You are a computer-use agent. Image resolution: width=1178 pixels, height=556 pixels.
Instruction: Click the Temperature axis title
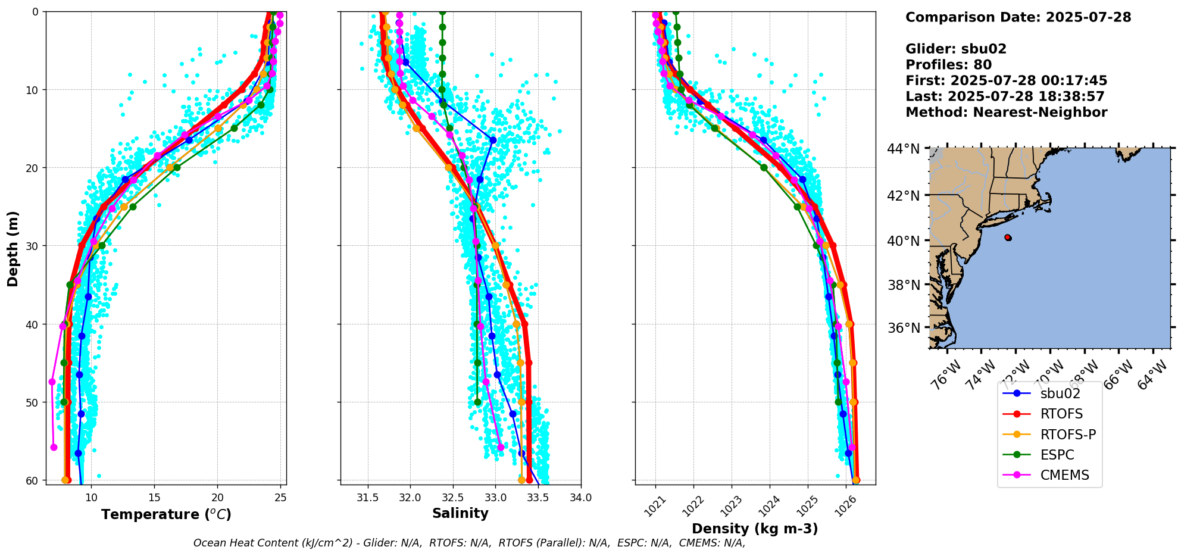coord(166,514)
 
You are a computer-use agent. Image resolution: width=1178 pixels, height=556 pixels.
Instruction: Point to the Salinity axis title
coord(460,513)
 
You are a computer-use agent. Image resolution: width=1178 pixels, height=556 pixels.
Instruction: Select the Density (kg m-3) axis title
coord(755,529)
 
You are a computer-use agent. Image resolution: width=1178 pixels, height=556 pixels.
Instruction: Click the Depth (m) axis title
coord(13,248)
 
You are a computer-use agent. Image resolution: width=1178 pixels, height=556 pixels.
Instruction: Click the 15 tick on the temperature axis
coord(154,498)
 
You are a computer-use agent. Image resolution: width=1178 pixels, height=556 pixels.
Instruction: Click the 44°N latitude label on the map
coord(904,149)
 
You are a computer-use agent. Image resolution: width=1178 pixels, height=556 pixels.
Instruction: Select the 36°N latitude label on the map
coord(904,328)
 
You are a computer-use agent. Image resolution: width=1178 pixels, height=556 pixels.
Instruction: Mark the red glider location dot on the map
coord(1008,238)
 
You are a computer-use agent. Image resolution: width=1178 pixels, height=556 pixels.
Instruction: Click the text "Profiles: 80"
coord(948,65)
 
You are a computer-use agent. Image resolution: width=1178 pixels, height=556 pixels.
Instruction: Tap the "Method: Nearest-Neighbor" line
coord(1006,113)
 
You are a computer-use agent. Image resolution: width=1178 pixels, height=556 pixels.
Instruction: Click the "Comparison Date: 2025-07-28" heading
coord(1018,17)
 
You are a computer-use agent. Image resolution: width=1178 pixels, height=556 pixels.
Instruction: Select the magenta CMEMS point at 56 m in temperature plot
coord(54,447)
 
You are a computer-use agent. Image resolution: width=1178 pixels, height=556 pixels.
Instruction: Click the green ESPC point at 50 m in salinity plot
coord(477,402)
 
